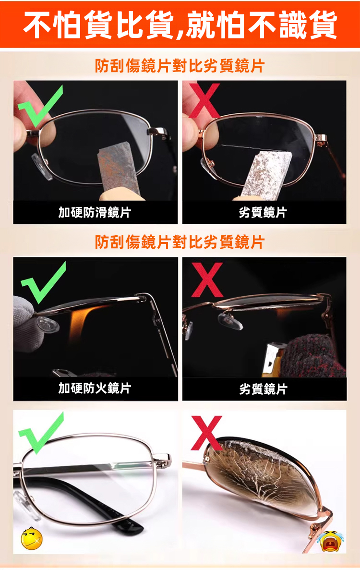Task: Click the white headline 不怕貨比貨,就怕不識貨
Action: pyautogui.click(x=180, y=24)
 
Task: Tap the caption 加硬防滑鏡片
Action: pyautogui.click(x=95, y=212)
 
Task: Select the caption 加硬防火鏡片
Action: pyautogui.click(x=95, y=388)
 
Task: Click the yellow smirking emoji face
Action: pyautogui.click(x=32, y=538)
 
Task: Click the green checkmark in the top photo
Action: pyautogui.click(x=40, y=106)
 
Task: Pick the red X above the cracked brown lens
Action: pyautogui.click(x=206, y=433)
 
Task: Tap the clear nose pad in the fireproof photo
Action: pyautogui.click(x=47, y=324)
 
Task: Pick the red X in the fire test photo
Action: pyautogui.click(x=207, y=279)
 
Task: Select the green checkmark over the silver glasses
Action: pyautogui.click(x=41, y=433)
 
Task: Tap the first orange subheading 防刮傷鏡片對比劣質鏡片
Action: pyautogui.click(x=180, y=66)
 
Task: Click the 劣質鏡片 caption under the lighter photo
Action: pyautogui.click(x=264, y=389)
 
